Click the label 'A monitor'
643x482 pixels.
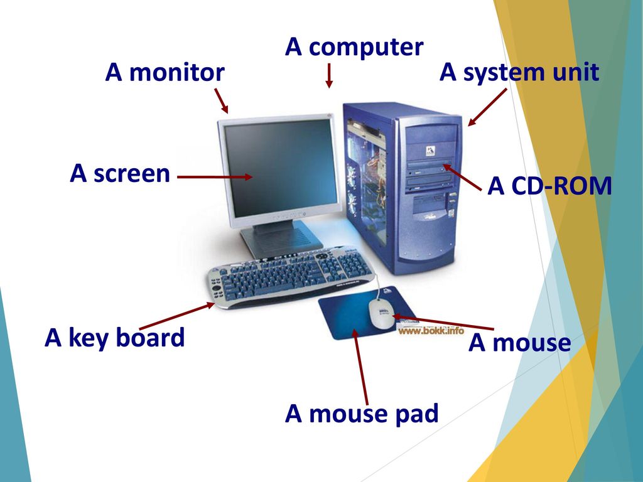(165, 73)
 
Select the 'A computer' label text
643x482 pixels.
(354, 48)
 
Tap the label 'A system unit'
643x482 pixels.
(519, 73)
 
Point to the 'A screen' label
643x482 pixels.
(120, 173)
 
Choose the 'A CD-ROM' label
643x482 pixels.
(549, 186)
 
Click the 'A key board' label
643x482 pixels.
(115, 338)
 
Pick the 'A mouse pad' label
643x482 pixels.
(362, 414)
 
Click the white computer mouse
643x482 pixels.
(381, 314)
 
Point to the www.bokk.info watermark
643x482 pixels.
(431, 330)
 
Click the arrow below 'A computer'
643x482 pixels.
(329, 76)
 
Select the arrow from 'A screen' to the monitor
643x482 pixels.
(215, 177)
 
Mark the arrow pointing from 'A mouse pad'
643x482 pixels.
(361, 367)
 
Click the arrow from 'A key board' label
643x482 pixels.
(177, 316)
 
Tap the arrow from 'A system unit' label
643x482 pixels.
(487, 107)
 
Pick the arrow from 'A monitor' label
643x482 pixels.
(222, 101)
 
